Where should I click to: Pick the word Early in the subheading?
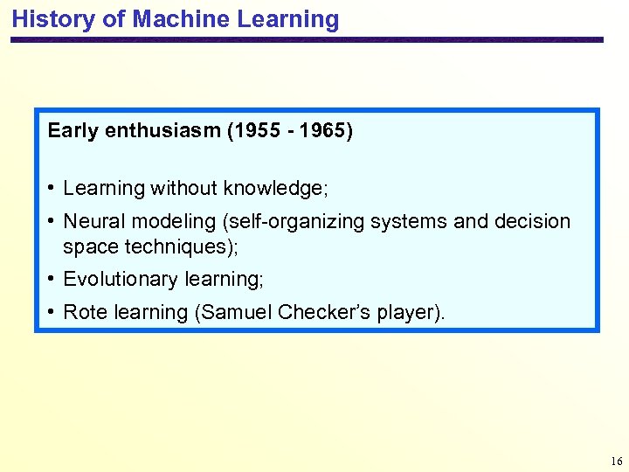(x=73, y=132)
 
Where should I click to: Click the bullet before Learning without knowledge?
(x=52, y=188)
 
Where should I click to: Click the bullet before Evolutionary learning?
(x=52, y=279)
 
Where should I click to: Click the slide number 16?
(x=617, y=461)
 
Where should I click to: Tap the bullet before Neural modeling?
(x=52, y=221)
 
